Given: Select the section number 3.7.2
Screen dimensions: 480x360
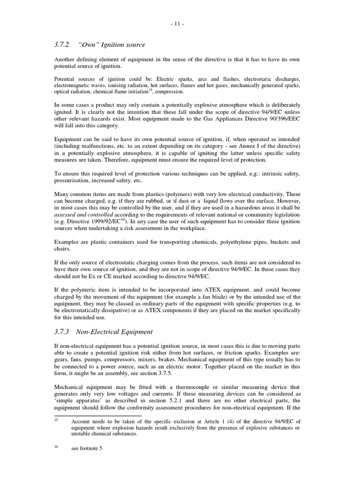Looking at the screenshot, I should [62, 45].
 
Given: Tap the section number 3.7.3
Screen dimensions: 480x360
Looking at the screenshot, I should [62, 332].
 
